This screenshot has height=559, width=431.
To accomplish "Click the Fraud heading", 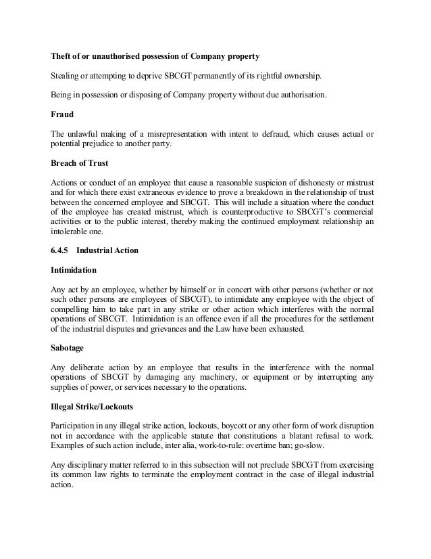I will point(63,114).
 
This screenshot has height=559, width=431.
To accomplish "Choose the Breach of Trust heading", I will point(80,163).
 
